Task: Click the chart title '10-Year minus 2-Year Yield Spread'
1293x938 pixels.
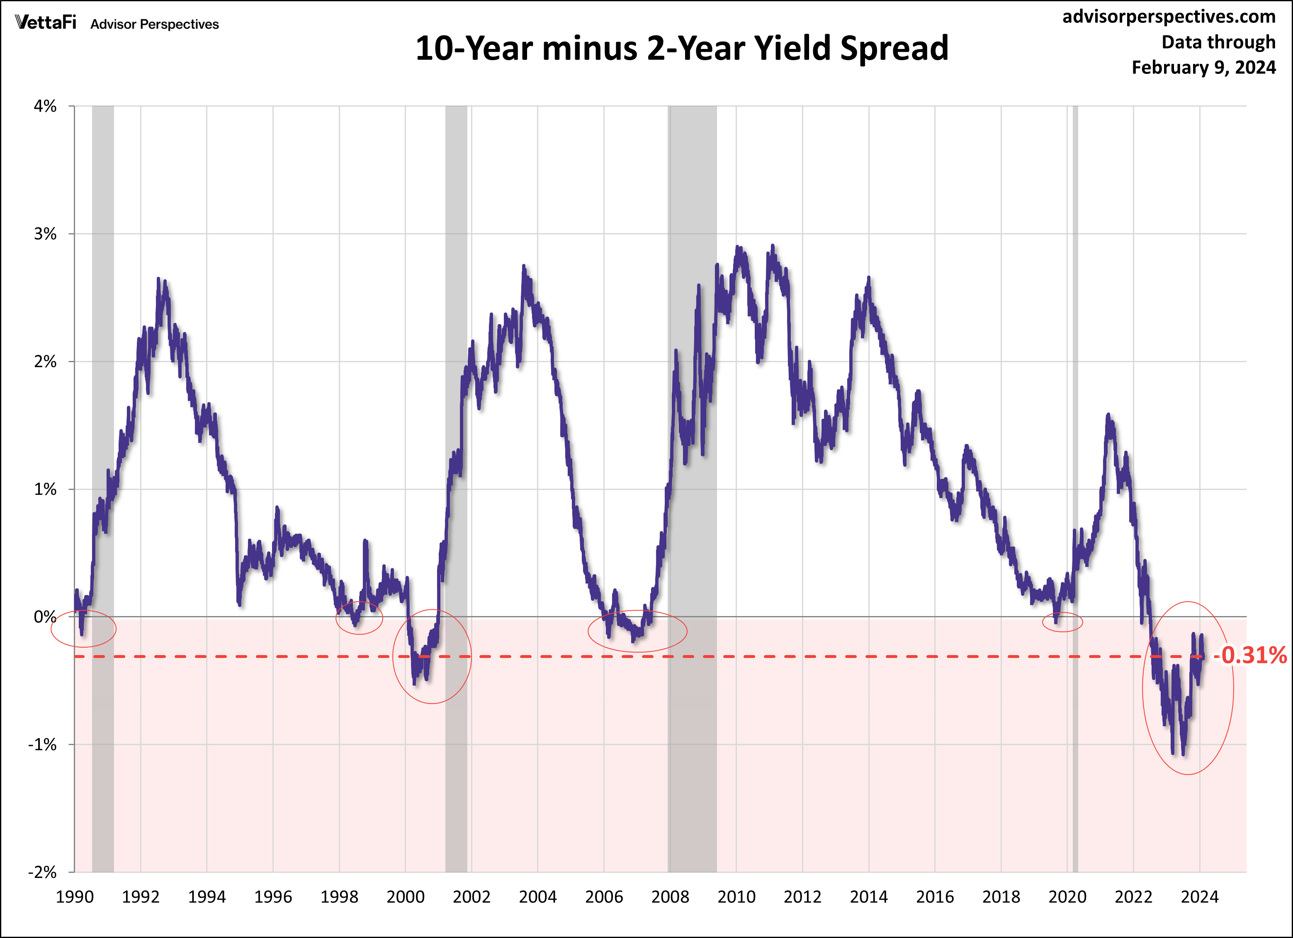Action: pyautogui.click(x=681, y=49)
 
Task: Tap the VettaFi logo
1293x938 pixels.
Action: pyautogui.click(x=46, y=23)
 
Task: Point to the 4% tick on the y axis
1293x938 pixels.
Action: pyautogui.click(x=46, y=106)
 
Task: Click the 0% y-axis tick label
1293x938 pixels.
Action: pyautogui.click(x=46, y=617)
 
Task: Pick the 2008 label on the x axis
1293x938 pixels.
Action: pyautogui.click(x=670, y=897)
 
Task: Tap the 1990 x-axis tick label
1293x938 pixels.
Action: pyautogui.click(x=75, y=897)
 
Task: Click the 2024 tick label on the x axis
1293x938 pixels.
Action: pyautogui.click(x=1200, y=897)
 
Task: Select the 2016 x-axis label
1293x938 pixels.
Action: pyautogui.click(x=935, y=897)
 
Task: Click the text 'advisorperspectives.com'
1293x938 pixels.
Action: pyautogui.click(x=1169, y=17)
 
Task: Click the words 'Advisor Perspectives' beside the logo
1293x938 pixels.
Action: pyautogui.click(x=155, y=24)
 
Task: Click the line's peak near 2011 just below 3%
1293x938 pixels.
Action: pyautogui.click(x=773, y=246)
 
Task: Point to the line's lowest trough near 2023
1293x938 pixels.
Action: pyautogui.click(x=1184, y=754)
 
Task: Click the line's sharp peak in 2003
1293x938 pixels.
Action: pyautogui.click(x=523, y=266)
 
